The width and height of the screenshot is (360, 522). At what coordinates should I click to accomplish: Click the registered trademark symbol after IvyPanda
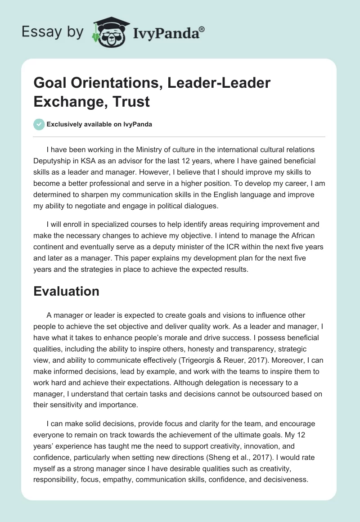tap(202, 29)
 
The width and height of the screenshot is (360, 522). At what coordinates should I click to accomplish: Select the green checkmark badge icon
tap(39, 125)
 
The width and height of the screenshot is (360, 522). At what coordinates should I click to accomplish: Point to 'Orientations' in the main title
tap(109, 84)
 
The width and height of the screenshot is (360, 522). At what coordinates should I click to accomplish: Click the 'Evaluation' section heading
tap(66, 291)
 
